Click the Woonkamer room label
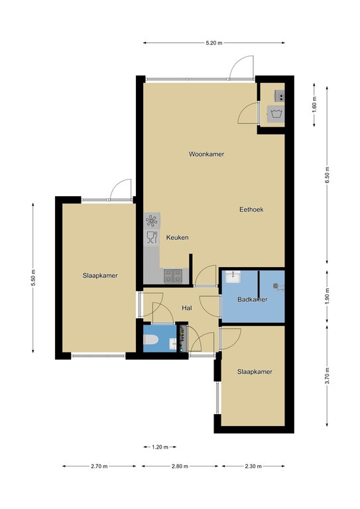pyautogui.click(x=206, y=154)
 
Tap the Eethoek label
pyautogui.click(x=251, y=209)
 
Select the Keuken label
pyautogui.click(x=177, y=238)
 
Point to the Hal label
pyautogui.click(x=187, y=308)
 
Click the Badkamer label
pyautogui.click(x=253, y=300)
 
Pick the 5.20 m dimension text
pyautogui.click(x=214, y=43)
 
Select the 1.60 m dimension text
pyautogui.click(x=314, y=105)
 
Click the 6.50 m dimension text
pyautogui.click(x=328, y=175)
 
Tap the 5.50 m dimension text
pyautogui.click(x=33, y=278)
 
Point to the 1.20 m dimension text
pyautogui.click(x=160, y=447)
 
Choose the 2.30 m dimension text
pyautogui.click(x=253, y=467)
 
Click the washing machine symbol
pyautogui.click(x=276, y=114)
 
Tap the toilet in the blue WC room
pyautogui.click(x=151, y=339)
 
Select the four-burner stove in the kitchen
pyautogui.click(x=173, y=276)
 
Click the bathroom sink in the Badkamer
pyautogui.click(x=233, y=276)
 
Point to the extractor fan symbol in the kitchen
pyautogui.click(x=152, y=221)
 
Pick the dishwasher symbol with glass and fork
pyautogui.click(x=152, y=237)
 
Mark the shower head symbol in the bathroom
pyautogui.click(x=276, y=286)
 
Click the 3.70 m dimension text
pyautogui.click(x=328, y=376)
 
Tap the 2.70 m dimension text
pyautogui.click(x=99, y=467)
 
